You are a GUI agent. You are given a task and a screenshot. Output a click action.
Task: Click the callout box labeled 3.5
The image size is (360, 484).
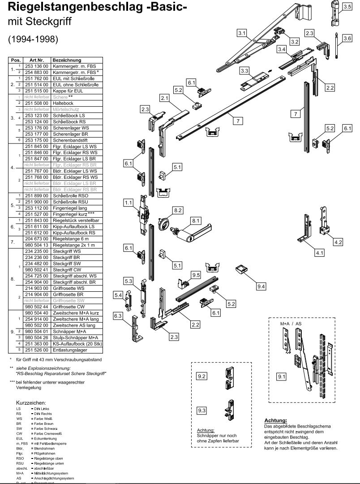347,7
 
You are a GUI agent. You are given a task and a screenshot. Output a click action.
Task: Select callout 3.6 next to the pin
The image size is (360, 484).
347,39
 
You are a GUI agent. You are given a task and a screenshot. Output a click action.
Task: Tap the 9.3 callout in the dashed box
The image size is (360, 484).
202,411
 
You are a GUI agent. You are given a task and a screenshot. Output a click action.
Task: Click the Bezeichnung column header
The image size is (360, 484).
67,60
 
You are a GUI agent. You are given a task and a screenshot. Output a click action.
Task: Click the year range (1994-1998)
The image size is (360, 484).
34,39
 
